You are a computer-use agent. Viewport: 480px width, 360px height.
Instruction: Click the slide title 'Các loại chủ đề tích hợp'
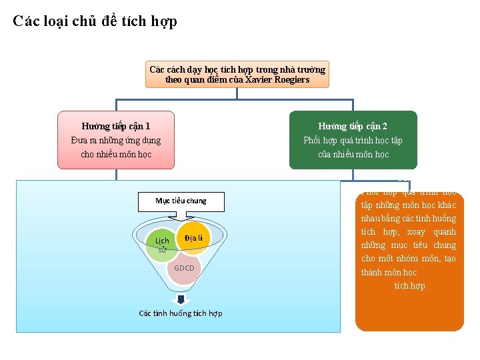click(x=95, y=21)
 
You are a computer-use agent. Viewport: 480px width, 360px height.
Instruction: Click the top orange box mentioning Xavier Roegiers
click(x=237, y=75)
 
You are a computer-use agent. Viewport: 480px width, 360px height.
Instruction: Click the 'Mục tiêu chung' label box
click(x=181, y=201)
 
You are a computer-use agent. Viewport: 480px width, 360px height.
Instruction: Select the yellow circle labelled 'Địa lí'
click(x=194, y=239)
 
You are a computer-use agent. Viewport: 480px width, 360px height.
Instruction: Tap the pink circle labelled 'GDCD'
click(x=184, y=268)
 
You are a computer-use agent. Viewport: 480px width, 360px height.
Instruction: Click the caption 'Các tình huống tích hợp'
click(x=181, y=313)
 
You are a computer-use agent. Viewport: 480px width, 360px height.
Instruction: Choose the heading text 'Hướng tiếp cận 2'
click(x=353, y=126)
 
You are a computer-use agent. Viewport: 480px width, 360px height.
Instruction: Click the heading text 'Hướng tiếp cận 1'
click(x=116, y=126)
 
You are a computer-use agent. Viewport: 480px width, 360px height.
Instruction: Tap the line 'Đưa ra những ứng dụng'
click(x=116, y=140)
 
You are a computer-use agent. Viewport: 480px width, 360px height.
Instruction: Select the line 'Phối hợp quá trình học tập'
click(x=353, y=140)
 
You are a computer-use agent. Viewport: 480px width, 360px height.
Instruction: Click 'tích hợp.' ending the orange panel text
click(x=409, y=285)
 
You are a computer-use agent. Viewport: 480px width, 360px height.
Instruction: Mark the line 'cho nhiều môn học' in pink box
click(x=116, y=154)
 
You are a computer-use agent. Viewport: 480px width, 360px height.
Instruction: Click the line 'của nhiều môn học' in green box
click(x=353, y=154)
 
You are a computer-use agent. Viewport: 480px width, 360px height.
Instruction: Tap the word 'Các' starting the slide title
click(x=25, y=21)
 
